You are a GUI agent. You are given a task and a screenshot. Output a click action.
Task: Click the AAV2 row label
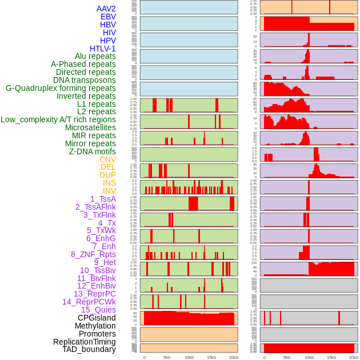(106, 9)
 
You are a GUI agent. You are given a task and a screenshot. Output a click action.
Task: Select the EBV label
(108, 17)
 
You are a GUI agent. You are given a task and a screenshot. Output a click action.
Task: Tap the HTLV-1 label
(102, 49)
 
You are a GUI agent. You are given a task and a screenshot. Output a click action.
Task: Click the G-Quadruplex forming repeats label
(61, 88)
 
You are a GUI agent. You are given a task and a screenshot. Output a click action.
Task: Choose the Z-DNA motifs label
(92, 151)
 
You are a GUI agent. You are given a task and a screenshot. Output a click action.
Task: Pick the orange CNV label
(107, 159)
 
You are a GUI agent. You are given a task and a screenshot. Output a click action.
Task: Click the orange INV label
(109, 191)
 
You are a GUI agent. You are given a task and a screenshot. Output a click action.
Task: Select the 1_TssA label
(103, 199)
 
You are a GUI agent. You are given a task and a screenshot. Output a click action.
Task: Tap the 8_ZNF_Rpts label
(93, 254)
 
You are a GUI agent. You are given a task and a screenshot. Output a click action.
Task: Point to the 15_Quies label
(98, 310)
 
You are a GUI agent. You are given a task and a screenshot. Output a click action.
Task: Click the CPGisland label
(97, 318)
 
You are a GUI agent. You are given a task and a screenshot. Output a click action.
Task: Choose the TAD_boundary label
(89, 349)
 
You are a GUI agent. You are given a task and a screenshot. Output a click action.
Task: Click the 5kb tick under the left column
(167, 357)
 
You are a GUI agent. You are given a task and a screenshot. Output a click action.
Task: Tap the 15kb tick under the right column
(331, 357)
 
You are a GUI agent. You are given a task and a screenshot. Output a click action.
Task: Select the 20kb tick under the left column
(234, 357)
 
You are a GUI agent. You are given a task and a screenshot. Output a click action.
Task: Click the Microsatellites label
(90, 127)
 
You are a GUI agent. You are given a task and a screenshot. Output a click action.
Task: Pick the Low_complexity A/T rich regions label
(58, 119)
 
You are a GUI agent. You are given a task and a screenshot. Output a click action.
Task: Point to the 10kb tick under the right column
(309, 357)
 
